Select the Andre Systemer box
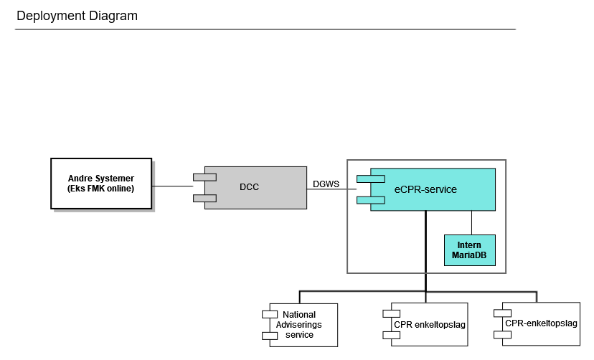click(x=101, y=184)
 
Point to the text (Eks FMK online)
click(x=101, y=189)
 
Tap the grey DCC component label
click(x=249, y=187)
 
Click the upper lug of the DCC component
click(x=204, y=176)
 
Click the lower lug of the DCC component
click(x=204, y=198)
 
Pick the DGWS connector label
click(x=326, y=184)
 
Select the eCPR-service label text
click(x=425, y=189)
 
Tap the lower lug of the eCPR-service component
click(x=372, y=199)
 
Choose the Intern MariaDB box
click(x=470, y=250)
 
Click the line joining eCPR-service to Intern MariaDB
click(x=471, y=222)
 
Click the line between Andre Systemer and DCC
click(x=172, y=186)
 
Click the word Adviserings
click(x=299, y=325)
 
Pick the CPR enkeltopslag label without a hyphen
click(x=430, y=325)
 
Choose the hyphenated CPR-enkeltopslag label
click(x=541, y=323)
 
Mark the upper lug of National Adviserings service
click(x=270, y=314)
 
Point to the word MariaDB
click(x=470, y=255)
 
